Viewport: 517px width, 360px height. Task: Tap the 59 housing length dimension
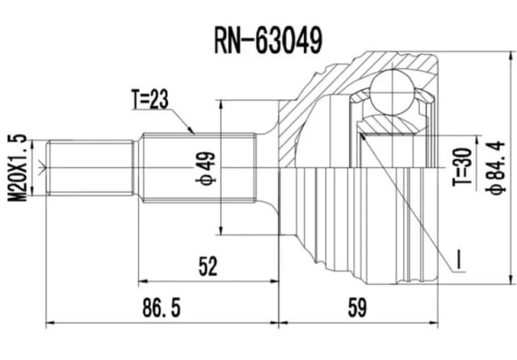pos(355,308)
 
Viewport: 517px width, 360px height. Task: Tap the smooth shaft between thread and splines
pos(138,168)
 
